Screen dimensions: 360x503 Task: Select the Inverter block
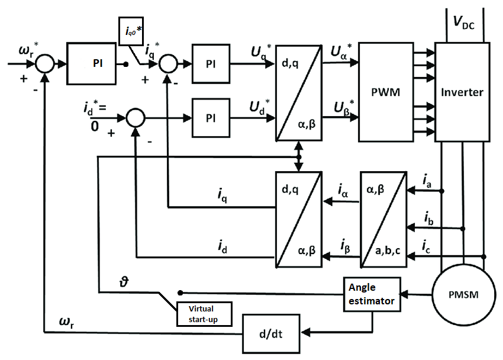tap(462, 92)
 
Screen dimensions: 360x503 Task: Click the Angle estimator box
tap(370, 292)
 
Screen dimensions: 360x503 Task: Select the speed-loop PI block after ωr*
tap(97, 63)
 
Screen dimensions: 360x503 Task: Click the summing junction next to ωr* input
tap(45, 63)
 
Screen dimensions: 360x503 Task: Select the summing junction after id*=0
tap(136, 118)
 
